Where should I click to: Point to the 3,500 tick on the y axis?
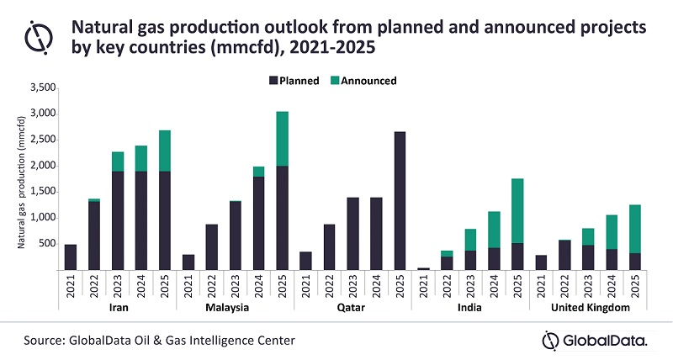point(42,87)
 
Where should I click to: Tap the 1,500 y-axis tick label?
point(42,191)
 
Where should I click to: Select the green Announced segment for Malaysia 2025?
point(282,139)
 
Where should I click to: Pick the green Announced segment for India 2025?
point(517,210)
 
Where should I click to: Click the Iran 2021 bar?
point(70,257)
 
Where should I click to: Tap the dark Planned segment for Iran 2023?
point(117,220)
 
